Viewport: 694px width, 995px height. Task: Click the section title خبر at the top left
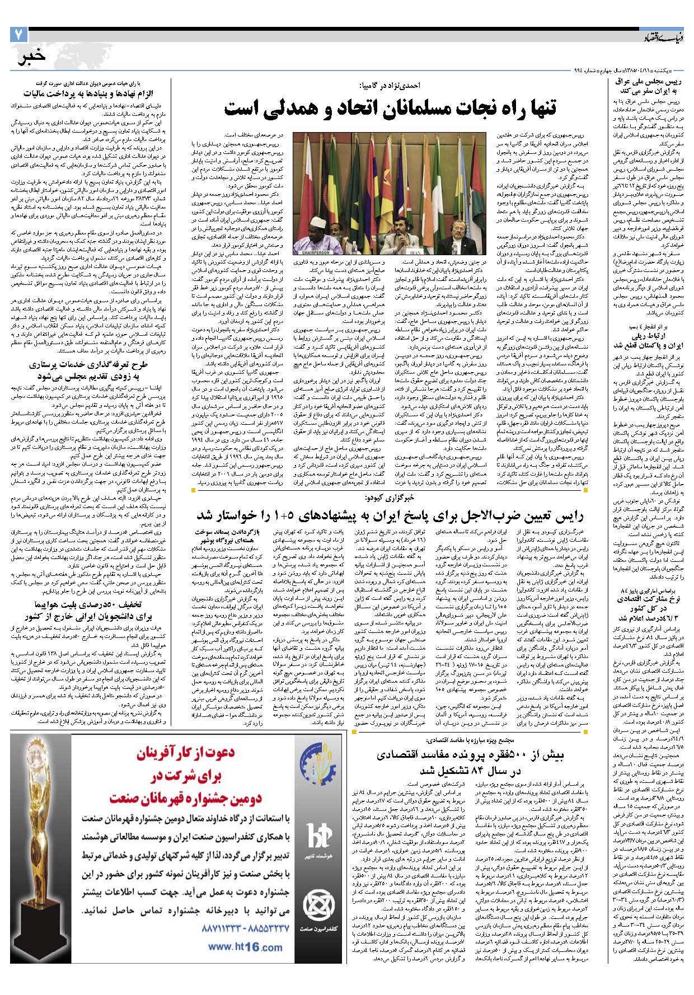click(31, 58)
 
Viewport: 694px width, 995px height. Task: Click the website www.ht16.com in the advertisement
click(237, 947)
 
